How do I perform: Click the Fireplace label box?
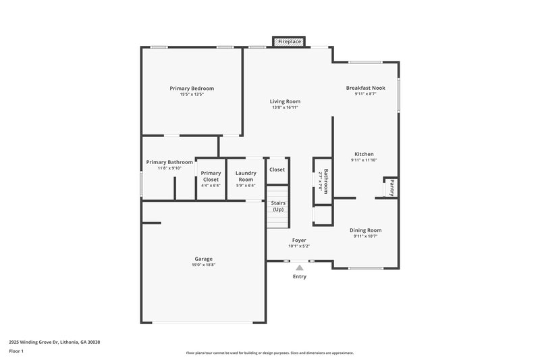[x=290, y=42]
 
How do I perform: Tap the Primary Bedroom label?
[x=192, y=88]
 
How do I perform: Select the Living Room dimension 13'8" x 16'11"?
[x=285, y=107]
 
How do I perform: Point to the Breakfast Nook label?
[x=365, y=88]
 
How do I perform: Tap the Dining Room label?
[x=365, y=230]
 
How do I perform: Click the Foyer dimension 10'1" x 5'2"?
[x=299, y=246]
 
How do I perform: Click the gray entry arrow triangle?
[x=299, y=267]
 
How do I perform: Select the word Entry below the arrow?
[x=299, y=277]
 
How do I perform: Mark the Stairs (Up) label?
[x=277, y=206]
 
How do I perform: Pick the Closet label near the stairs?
[x=277, y=170]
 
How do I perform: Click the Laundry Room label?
[x=246, y=176]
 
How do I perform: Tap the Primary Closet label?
[x=211, y=176]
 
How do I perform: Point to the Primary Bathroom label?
[x=169, y=162]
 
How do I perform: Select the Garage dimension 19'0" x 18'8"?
[x=204, y=265]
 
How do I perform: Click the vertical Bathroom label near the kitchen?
[x=325, y=181]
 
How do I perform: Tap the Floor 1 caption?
[x=17, y=352]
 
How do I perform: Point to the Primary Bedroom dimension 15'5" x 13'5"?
[x=192, y=95]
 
